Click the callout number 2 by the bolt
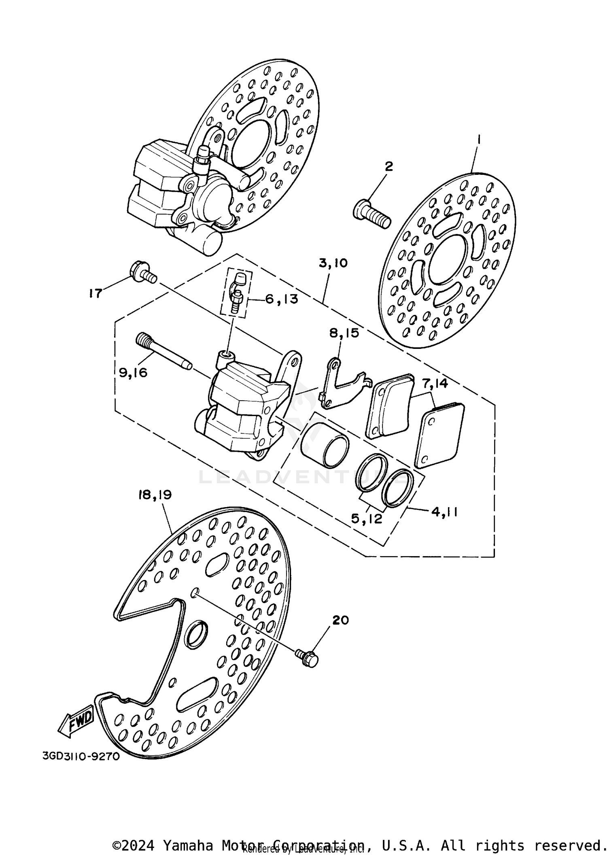pyautogui.click(x=388, y=166)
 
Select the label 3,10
pyautogui.click(x=333, y=263)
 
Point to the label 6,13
pyautogui.click(x=282, y=299)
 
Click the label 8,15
pyautogui.click(x=344, y=333)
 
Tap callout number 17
pyautogui.click(x=96, y=293)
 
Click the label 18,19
pyautogui.click(x=155, y=495)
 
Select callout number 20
pyautogui.click(x=340, y=620)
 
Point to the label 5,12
pyautogui.click(x=367, y=519)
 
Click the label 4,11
pyautogui.click(x=444, y=512)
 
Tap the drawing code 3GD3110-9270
pyautogui.click(x=81, y=756)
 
